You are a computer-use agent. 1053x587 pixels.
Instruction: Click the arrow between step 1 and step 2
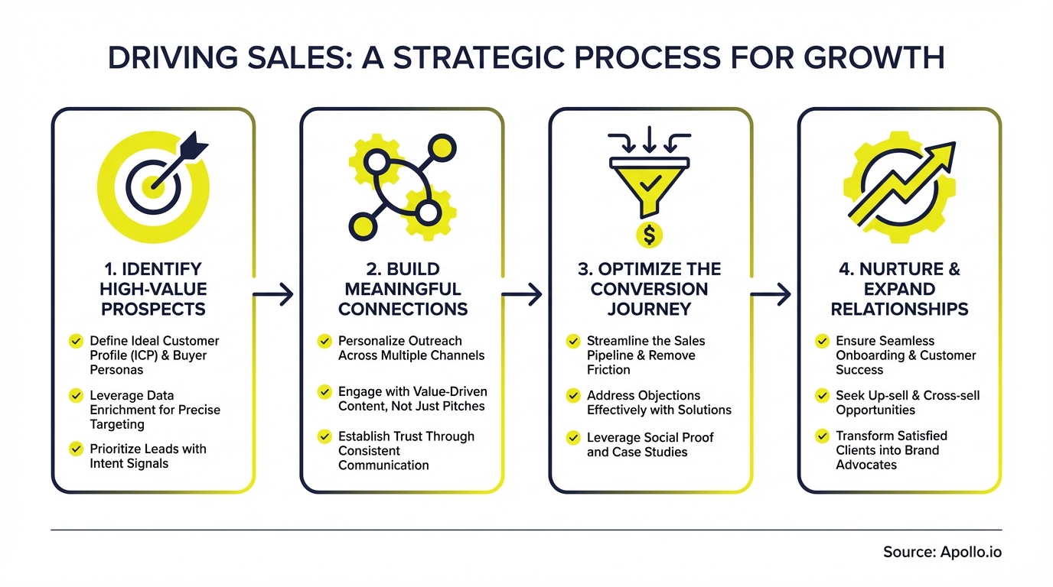point(274,293)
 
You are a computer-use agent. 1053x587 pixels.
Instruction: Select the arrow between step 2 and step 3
point(523,293)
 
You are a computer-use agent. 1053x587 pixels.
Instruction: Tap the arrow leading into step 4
point(771,293)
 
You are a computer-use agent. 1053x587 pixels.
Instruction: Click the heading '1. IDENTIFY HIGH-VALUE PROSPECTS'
point(153,289)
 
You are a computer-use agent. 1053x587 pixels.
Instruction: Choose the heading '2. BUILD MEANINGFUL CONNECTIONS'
point(403,289)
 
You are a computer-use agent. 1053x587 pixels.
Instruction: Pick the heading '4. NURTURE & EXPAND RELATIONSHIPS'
point(900,289)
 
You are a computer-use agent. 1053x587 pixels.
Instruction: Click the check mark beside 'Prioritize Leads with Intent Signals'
point(76,449)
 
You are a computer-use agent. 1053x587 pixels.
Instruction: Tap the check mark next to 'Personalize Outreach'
point(324,341)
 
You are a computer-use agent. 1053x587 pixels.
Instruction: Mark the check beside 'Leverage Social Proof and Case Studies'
point(573,438)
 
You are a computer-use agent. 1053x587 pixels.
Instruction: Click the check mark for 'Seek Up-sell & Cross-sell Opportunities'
point(822,395)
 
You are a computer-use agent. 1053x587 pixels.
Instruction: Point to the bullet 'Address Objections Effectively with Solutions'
point(658,403)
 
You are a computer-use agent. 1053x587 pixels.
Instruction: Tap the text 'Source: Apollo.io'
point(942,552)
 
